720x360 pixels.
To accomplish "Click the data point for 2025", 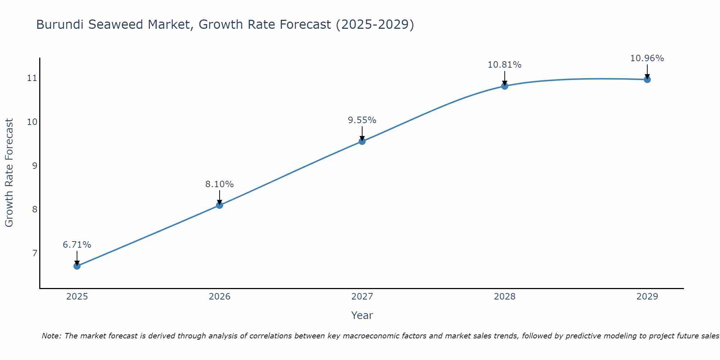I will [x=77, y=266].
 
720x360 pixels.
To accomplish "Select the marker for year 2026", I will [x=220, y=205].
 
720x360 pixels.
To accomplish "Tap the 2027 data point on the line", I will [x=362, y=141].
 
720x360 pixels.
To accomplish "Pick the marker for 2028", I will [x=505, y=86].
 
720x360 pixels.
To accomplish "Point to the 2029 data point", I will [x=647, y=79].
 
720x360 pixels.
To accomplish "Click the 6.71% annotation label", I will [x=77, y=245].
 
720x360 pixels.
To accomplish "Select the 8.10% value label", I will [x=220, y=184].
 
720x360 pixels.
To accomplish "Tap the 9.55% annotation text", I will [x=362, y=120].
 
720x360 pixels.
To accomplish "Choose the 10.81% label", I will [x=505, y=65].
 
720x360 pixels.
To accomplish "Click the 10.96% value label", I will [x=647, y=58].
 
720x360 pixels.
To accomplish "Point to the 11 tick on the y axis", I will [x=32, y=78].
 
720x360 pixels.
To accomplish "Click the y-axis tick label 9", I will [x=35, y=166].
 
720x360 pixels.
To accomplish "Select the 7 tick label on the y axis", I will [x=35, y=253].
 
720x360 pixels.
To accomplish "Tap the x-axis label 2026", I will [x=220, y=297].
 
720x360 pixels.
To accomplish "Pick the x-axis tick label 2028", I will [x=505, y=297].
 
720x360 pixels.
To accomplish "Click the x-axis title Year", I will [x=362, y=315].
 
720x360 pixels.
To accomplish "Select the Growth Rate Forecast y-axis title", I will [x=9, y=173].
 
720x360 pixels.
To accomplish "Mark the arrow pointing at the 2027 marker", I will [x=362, y=133].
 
